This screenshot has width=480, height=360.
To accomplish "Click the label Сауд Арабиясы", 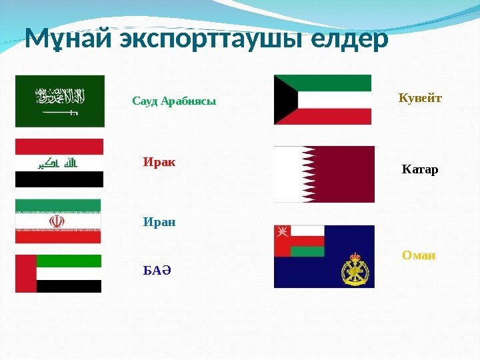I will [x=174, y=101].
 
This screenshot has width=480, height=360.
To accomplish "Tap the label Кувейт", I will [x=420, y=99].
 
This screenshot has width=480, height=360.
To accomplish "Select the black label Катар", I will [x=420, y=170].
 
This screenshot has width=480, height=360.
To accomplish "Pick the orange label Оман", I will [x=419, y=255].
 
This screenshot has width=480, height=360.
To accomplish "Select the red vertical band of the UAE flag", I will [x=25, y=273].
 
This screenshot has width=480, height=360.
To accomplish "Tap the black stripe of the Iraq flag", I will [x=59, y=179].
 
